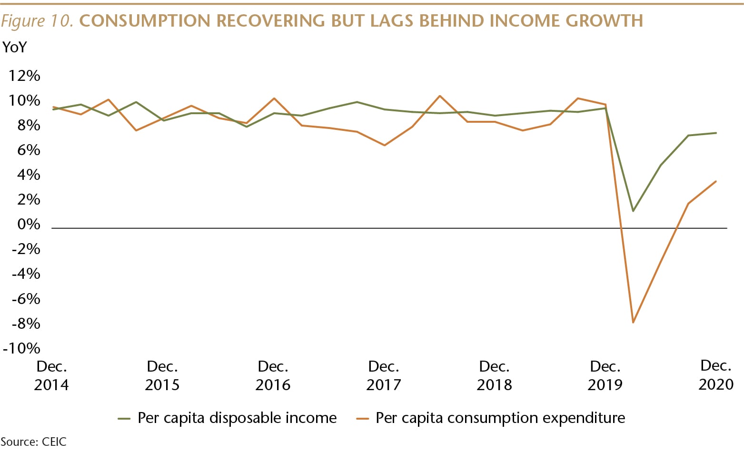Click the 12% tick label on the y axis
click(x=24, y=76)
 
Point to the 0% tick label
click(x=29, y=224)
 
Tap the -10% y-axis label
click(x=21, y=348)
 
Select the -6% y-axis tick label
click(x=26, y=298)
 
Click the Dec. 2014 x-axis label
click(x=51, y=375)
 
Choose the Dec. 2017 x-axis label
click(x=384, y=375)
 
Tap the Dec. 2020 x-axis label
click(x=715, y=374)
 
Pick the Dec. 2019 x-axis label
click(x=605, y=375)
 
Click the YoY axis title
click(x=15, y=48)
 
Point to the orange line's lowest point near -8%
click(x=633, y=323)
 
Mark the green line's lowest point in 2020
click(x=633, y=211)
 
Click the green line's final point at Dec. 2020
click(x=716, y=133)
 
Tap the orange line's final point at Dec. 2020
click(x=716, y=181)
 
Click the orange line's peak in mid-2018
click(x=439, y=96)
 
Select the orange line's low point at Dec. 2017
click(x=384, y=145)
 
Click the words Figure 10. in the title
click(x=37, y=21)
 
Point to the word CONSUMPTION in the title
click(x=145, y=21)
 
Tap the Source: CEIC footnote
click(x=33, y=442)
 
